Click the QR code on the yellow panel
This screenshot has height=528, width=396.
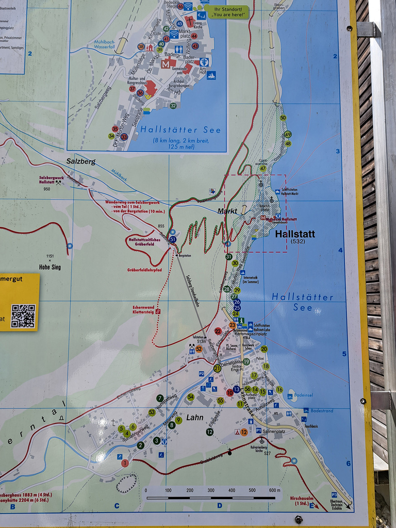(x=23, y=316)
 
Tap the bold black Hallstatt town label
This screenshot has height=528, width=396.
(x=295, y=234)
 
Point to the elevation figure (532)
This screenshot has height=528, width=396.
(x=298, y=241)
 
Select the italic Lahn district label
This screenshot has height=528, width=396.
(x=195, y=417)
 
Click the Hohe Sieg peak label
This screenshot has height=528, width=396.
(x=49, y=267)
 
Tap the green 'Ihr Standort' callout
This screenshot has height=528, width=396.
(x=226, y=11)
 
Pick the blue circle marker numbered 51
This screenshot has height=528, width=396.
(x=173, y=239)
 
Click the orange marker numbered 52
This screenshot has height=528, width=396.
(x=199, y=349)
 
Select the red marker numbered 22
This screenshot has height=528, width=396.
(x=218, y=331)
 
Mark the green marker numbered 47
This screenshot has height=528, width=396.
(x=263, y=168)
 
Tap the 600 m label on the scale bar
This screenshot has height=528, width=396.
(x=275, y=490)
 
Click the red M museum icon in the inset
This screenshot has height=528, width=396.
(x=166, y=64)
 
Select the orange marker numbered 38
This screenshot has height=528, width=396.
(x=141, y=46)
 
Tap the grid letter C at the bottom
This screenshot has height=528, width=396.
(x=117, y=506)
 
